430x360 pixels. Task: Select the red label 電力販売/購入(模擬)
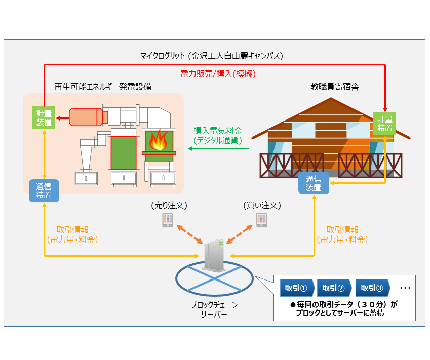(x=218, y=74)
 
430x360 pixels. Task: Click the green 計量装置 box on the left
(x=44, y=117)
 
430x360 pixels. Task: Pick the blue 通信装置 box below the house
(x=314, y=183)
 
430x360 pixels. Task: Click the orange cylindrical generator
(x=86, y=117)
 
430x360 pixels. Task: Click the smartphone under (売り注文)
(x=168, y=220)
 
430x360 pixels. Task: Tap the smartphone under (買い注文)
(x=261, y=220)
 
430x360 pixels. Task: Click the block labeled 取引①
(x=297, y=288)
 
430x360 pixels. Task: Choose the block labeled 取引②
(x=335, y=288)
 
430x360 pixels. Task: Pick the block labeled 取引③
(x=373, y=288)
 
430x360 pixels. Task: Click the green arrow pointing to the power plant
(x=218, y=149)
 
